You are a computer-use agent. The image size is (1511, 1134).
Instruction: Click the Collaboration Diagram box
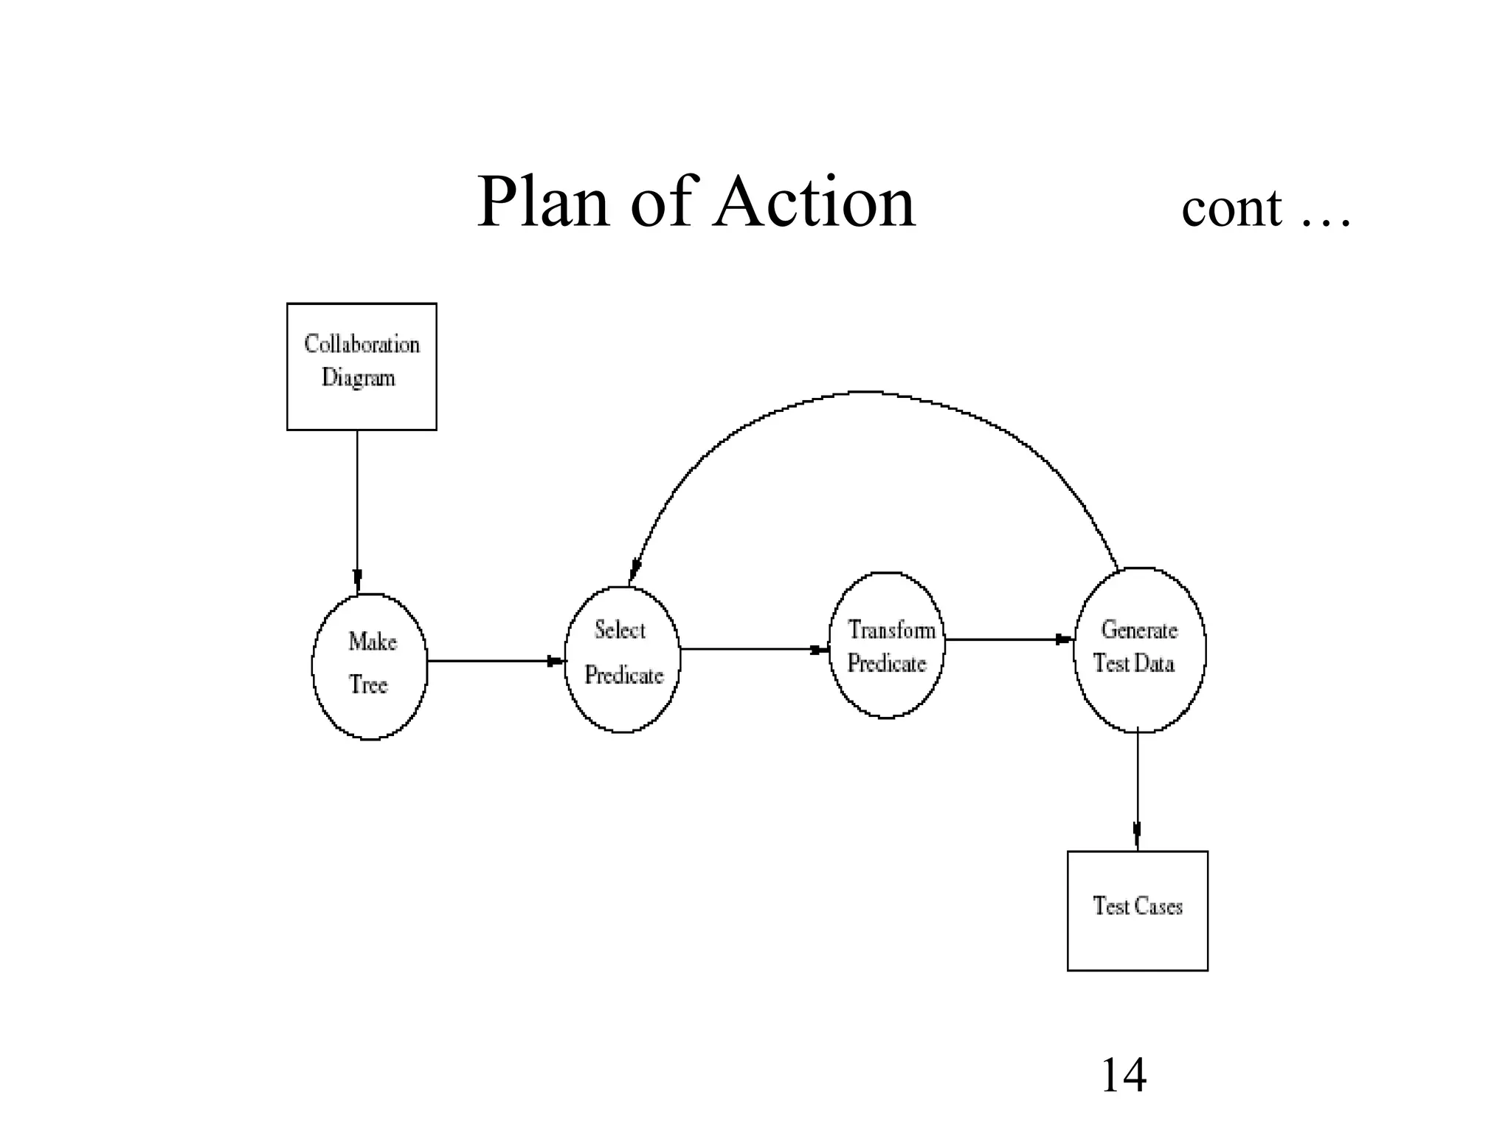click(x=362, y=366)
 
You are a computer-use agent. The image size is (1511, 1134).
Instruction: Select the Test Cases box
click(x=1137, y=910)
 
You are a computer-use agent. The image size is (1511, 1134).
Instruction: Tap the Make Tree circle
click(x=370, y=666)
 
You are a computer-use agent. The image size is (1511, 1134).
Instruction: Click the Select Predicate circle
click(x=622, y=659)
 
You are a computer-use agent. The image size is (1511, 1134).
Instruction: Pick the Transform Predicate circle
click(x=886, y=645)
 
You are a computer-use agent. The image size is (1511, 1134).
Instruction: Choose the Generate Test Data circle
click(x=1139, y=650)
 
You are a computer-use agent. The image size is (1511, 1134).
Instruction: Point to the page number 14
click(x=1123, y=1075)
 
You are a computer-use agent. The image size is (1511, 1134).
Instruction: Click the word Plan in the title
click(x=544, y=202)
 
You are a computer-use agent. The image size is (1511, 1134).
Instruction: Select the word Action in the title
click(x=815, y=202)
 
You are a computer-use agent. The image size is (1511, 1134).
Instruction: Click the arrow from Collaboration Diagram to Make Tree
click(x=357, y=509)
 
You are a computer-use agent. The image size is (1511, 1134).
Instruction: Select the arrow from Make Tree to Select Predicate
click(x=496, y=661)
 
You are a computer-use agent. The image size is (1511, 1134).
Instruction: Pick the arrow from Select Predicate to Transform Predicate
click(x=754, y=649)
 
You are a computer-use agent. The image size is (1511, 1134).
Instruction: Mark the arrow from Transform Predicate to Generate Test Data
click(x=1008, y=639)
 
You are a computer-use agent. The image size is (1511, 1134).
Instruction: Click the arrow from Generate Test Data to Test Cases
click(x=1137, y=790)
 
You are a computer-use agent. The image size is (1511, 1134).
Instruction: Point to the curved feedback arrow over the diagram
click(x=867, y=393)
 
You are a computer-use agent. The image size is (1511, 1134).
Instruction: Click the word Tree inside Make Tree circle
click(x=368, y=685)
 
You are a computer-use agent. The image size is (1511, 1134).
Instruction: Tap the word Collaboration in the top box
click(x=362, y=344)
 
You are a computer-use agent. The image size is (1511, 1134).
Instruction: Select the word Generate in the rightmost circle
click(x=1139, y=630)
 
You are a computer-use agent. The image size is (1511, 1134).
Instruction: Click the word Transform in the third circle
click(x=891, y=630)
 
